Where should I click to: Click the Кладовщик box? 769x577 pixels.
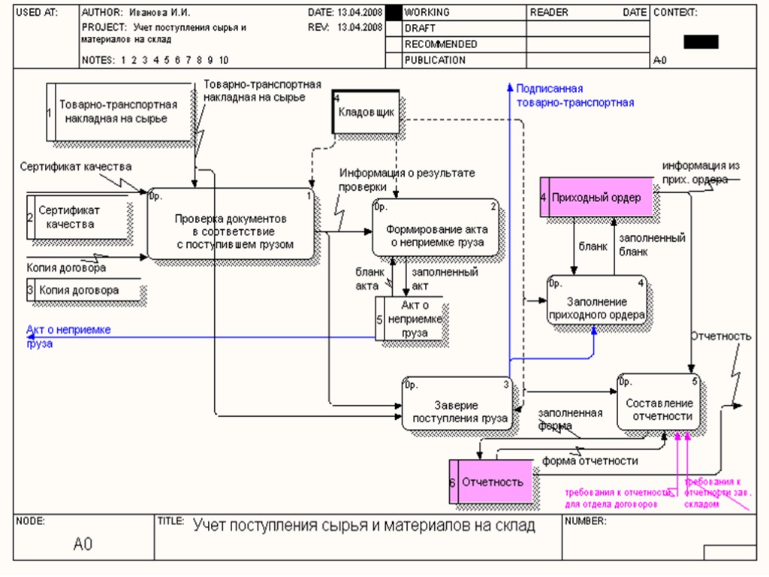[x=366, y=113]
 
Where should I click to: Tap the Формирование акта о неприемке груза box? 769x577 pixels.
[x=436, y=228]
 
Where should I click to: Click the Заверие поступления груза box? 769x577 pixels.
[x=457, y=404]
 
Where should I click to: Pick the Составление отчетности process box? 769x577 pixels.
[x=661, y=403]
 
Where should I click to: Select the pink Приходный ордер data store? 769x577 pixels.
[x=596, y=198]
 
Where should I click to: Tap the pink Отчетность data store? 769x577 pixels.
[x=492, y=482]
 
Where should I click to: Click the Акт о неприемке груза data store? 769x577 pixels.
[x=414, y=319]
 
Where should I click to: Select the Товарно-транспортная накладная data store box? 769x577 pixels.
[x=118, y=112]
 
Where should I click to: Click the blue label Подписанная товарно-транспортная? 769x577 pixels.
[x=575, y=95]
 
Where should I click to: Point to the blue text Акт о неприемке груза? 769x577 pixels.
[x=68, y=336]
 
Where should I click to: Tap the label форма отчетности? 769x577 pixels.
[x=590, y=461]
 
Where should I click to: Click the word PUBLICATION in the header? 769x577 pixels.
[x=435, y=60]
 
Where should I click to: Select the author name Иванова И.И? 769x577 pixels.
[x=159, y=13]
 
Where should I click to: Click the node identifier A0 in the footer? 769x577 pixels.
[x=83, y=544]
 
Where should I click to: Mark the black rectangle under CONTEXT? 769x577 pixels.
[x=701, y=42]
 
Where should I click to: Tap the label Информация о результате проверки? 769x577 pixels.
[x=406, y=180]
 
